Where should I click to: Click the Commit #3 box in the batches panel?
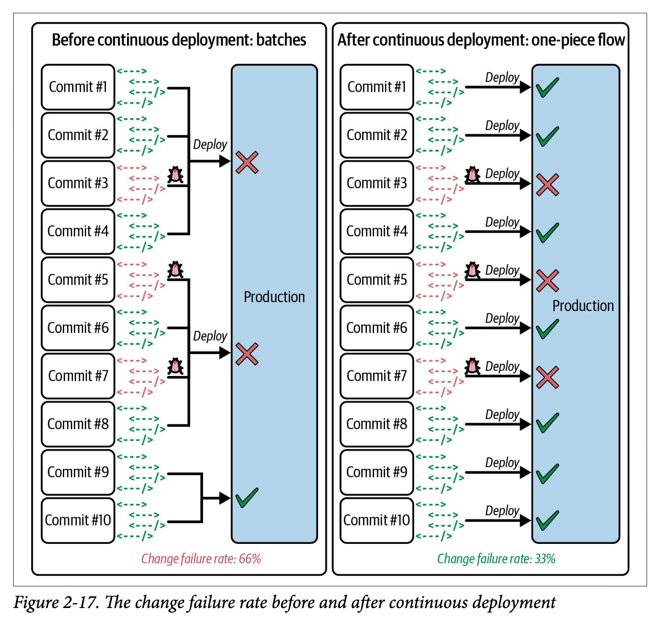[78, 183]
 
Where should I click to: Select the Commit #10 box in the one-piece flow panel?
[377, 520]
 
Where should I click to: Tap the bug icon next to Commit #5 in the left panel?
[175, 270]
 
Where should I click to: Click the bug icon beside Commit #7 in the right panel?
[473, 366]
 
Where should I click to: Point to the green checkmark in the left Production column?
[247, 498]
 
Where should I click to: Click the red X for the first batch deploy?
[247, 163]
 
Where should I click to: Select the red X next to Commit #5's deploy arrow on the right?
[547, 281]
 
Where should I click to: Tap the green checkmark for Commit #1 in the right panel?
[547, 87]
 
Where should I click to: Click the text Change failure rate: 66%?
[201, 559]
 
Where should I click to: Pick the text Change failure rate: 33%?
[496, 559]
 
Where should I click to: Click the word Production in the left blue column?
[274, 297]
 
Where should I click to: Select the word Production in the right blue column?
[583, 306]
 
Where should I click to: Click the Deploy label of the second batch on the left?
[210, 336]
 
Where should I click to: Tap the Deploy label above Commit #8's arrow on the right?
[502, 414]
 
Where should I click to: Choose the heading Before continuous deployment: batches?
[179, 40]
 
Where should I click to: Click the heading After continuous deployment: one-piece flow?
[481, 40]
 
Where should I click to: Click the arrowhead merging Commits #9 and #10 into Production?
[225, 498]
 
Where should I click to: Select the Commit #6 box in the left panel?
[78, 328]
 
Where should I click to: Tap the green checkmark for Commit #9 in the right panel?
[547, 474]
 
